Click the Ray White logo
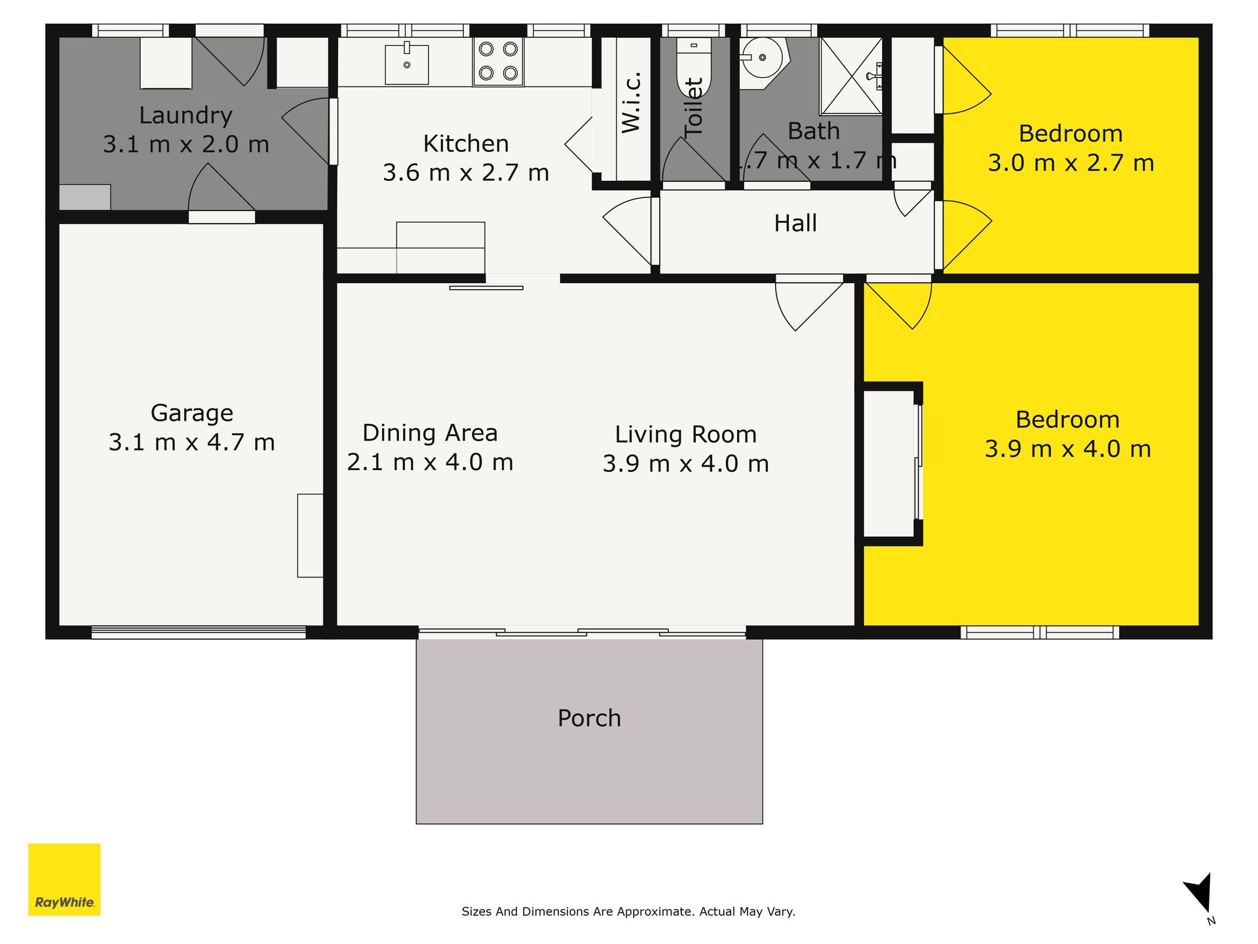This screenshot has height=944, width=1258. pyautogui.click(x=64, y=879)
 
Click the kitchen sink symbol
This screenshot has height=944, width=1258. pyautogui.click(x=407, y=64)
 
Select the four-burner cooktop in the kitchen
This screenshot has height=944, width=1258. pyautogui.click(x=498, y=62)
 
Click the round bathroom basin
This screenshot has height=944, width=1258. pyautogui.click(x=763, y=58)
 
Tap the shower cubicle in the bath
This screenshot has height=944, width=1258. pyautogui.click(x=851, y=76)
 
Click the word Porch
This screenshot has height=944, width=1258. pyautogui.click(x=589, y=718)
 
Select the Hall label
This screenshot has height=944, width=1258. pyautogui.click(x=795, y=224)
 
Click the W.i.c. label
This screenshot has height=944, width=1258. pyautogui.click(x=631, y=102)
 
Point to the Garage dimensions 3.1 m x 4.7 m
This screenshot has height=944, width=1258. pyautogui.click(x=191, y=442)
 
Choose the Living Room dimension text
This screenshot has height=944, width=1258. pyautogui.click(x=685, y=463)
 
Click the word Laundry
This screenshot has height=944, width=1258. pyautogui.click(x=186, y=116)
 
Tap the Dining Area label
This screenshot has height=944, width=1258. pyautogui.click(x=430, y=433)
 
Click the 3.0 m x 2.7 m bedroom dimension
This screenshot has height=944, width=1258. pyautogui.click(x=1071, y=163)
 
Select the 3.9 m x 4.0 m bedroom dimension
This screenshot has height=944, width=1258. pyautogui.click(x=1068, y=449)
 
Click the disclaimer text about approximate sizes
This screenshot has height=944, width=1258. pyautogui.click(x=628, y=911)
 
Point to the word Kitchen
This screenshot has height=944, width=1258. pyautogui.click(x=466, y=144)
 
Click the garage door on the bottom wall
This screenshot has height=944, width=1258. pyautogui.click(x=199, y=632)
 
